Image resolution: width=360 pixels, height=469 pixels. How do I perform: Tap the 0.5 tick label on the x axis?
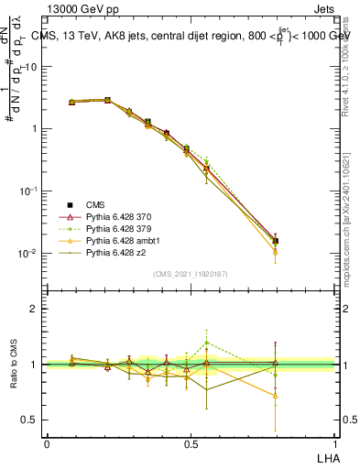[x=190, y=443]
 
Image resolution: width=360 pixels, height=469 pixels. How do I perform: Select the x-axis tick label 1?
[x=334, y=443]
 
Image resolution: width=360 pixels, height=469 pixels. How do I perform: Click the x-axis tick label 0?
[x=47, y=443]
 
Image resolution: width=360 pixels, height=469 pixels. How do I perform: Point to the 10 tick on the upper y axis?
[x=31, y=66]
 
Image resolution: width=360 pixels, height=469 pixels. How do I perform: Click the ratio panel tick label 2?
[x=34, y=309]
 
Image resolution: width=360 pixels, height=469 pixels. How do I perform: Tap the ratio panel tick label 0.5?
[x=30, y=420]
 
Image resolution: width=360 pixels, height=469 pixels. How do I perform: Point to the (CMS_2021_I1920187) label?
[x=191, y=274]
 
